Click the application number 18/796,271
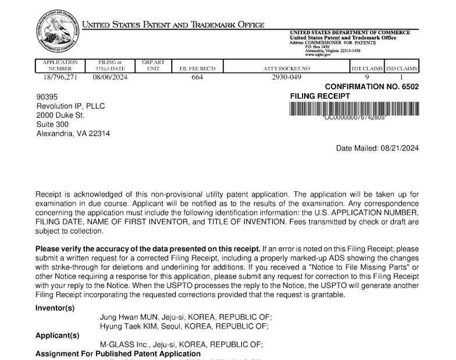tap(60, 76)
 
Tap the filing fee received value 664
tap(197, 76)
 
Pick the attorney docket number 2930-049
tap(287, 76)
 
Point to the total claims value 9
tap(367, 76)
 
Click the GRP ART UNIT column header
tap(153, 65)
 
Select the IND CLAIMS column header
tap(401, 69)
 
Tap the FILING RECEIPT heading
tap(320, 96)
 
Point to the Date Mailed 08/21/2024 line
tap(377, 148)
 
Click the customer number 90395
tap(47, 97)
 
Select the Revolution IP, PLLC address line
tap(70, 106)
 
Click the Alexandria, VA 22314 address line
tap(73, 134)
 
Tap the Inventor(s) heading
tap(55, 308)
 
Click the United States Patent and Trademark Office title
tap(173, 25)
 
